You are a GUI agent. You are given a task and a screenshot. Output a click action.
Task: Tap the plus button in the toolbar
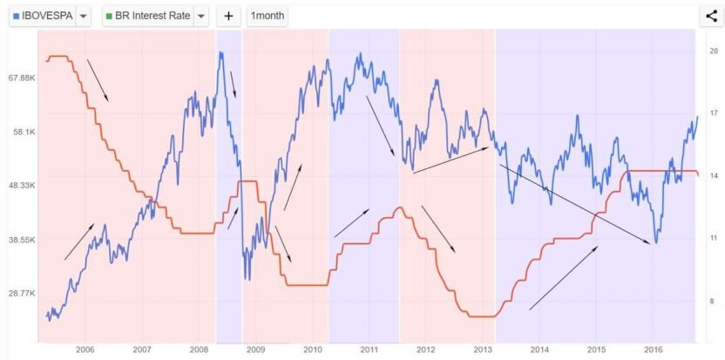[x=228, y=16]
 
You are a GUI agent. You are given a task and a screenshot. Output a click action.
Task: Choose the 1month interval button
[x=267, y=16]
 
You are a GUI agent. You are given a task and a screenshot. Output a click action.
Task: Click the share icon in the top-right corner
[x=709, y=15]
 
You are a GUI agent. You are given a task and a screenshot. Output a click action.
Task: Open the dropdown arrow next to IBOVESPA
[x=83, y=16]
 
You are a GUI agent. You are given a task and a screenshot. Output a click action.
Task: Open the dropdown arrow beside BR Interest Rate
[x=201, y=16]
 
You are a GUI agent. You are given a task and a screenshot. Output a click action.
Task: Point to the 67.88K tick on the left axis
[x=21, y=78]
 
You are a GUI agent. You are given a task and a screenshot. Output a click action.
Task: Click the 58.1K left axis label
[x=23, y=132]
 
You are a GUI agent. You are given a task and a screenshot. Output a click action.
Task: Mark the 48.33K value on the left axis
[x=21, y=186]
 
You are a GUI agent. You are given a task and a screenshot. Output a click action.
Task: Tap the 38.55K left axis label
[x=21, y=240]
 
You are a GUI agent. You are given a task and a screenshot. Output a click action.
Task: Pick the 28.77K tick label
[x=21, y=294]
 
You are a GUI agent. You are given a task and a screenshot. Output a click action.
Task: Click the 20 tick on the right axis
[x=713, y=51]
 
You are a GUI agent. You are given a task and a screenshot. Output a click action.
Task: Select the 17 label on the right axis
[x=713, y=113]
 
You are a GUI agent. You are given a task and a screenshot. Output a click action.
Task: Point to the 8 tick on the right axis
[x=713, y=302]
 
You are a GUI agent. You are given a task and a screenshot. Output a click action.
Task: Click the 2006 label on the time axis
[x=85, y=350]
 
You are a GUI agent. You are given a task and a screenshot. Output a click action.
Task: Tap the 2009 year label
[x=255, y=350]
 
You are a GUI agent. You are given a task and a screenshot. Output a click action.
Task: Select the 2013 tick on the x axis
[x=483, y=350]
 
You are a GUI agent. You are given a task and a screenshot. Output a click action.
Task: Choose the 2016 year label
[x=653, y=350]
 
